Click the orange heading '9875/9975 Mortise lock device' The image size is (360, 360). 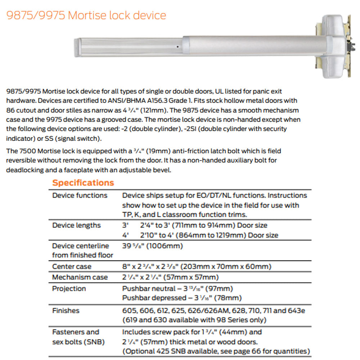click(x=86, y=15)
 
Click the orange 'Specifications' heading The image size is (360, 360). click(x=83, y=183)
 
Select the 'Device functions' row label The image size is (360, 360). click(x=80, y=195)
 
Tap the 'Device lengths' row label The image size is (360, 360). click(x=77, y=225)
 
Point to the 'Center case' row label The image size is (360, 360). click(x=72, y=267)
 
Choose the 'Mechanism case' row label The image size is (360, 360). click(x=80, y=277)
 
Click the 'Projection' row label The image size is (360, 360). click(x=69, y=289)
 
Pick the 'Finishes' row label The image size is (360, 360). click(x=66, y=310)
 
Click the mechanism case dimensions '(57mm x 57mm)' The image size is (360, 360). click(x=196, y=277)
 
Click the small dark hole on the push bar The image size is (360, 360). click(x=178, y=47)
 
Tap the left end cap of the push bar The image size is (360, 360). click(x=77, y=48)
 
